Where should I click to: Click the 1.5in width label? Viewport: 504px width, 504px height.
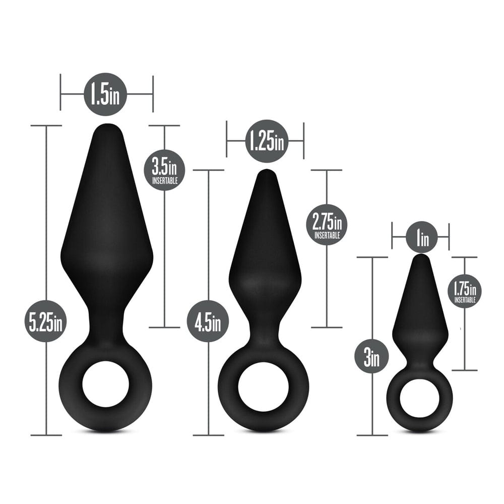point(105,94)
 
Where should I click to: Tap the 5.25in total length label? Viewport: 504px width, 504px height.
point(46,322)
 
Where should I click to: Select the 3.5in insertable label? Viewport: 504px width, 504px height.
point(165,170)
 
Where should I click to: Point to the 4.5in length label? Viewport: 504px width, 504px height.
point(208,322)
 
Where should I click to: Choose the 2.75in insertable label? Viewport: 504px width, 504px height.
point(327,224)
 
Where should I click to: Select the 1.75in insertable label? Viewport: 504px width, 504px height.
point(464,291)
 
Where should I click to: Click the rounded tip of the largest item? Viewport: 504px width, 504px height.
point(106,129)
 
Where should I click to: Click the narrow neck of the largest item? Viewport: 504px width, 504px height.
point(106,325)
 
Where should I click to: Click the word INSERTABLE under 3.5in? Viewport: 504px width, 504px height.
point(165,180)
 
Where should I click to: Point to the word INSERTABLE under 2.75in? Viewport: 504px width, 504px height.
point(327,234)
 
